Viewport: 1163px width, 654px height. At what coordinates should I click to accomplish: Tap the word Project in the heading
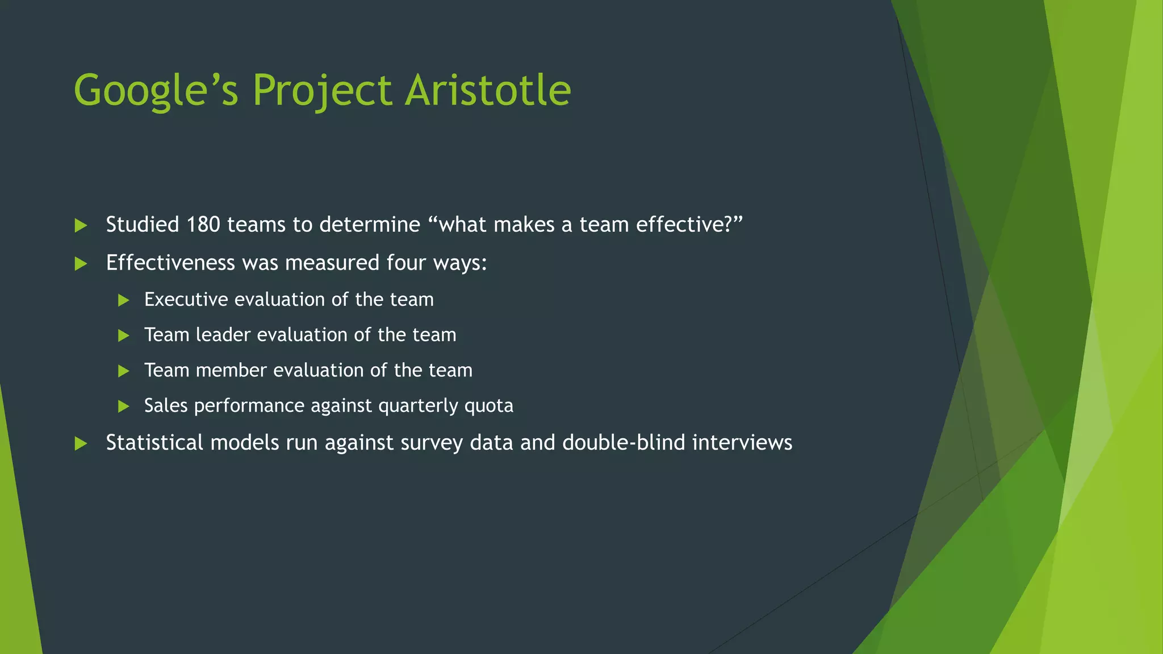(x=322, y=91)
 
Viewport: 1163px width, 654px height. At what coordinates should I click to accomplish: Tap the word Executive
(x=186, y=300)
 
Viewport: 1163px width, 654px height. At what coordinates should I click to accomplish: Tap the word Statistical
(x=154, y=443)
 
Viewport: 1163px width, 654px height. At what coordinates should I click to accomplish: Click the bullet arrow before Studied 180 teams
(x=81, y=225)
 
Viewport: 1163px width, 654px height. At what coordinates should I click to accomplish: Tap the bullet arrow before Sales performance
(x=123, y=406)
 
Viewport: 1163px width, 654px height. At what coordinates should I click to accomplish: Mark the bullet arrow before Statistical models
(x=81, y=443)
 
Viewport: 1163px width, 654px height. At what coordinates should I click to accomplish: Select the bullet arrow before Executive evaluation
(x=123, y=300)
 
